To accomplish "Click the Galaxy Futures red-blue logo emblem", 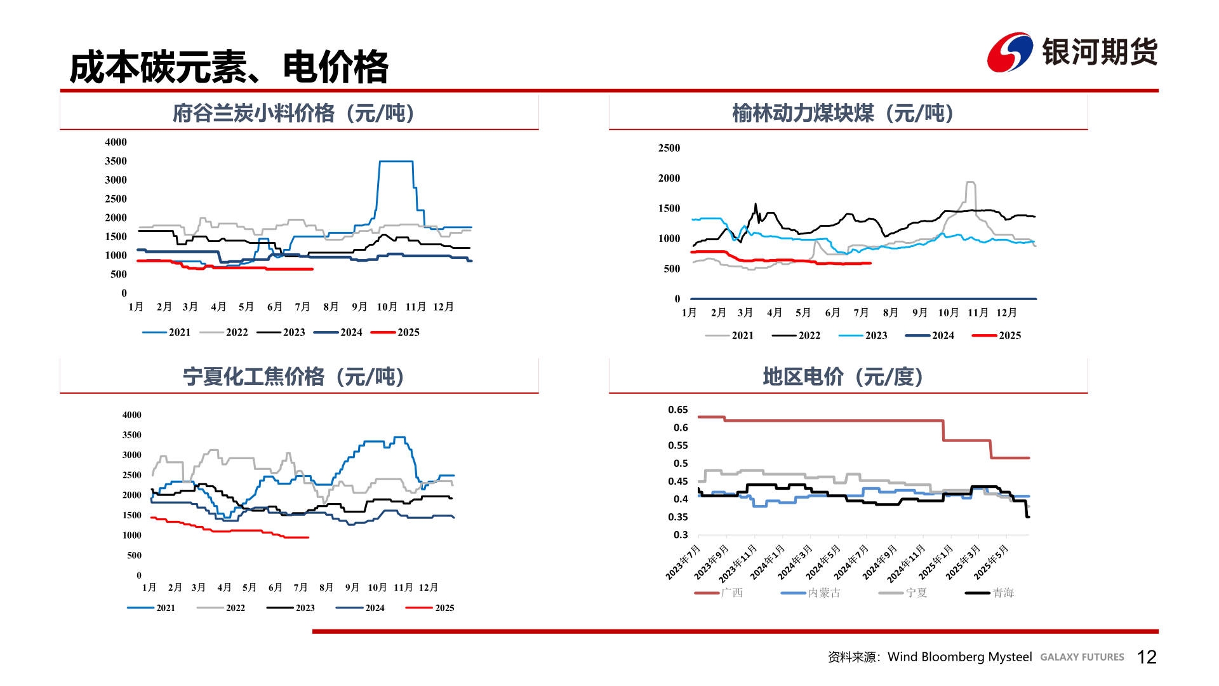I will [1009, 52].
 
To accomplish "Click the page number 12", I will [1147, 657].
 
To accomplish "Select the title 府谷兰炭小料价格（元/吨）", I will [293, 113].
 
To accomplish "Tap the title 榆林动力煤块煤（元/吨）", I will [843, 113].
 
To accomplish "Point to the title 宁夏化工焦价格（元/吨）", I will [293, 377].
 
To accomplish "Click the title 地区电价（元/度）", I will [843, 377].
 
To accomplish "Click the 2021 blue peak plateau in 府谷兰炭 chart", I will [396, 161].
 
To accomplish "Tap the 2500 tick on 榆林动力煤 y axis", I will [669, 148].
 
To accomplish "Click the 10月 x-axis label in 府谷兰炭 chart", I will [387, 307].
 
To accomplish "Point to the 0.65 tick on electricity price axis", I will [677, 410].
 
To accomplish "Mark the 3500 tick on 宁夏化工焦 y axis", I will [132, 435].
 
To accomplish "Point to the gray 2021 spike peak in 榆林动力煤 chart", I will [970, 182].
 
